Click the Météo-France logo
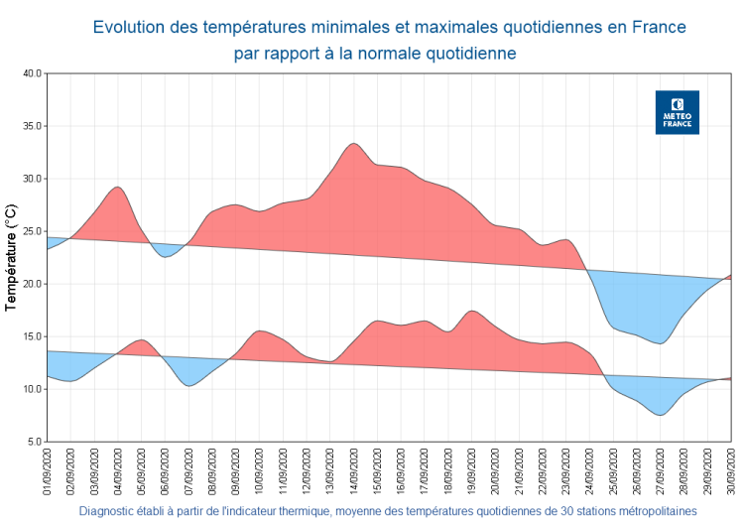[678, 113]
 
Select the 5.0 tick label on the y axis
[32, 442]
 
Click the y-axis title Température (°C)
[11, 258]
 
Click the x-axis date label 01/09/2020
[47, 472]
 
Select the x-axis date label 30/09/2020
[731, 472]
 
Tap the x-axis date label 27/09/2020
[661, 472]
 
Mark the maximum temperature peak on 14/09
[353, 144]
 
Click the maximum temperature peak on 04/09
[117, 187]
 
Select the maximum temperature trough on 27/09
[660, 343]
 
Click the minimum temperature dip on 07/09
[188, 385]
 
